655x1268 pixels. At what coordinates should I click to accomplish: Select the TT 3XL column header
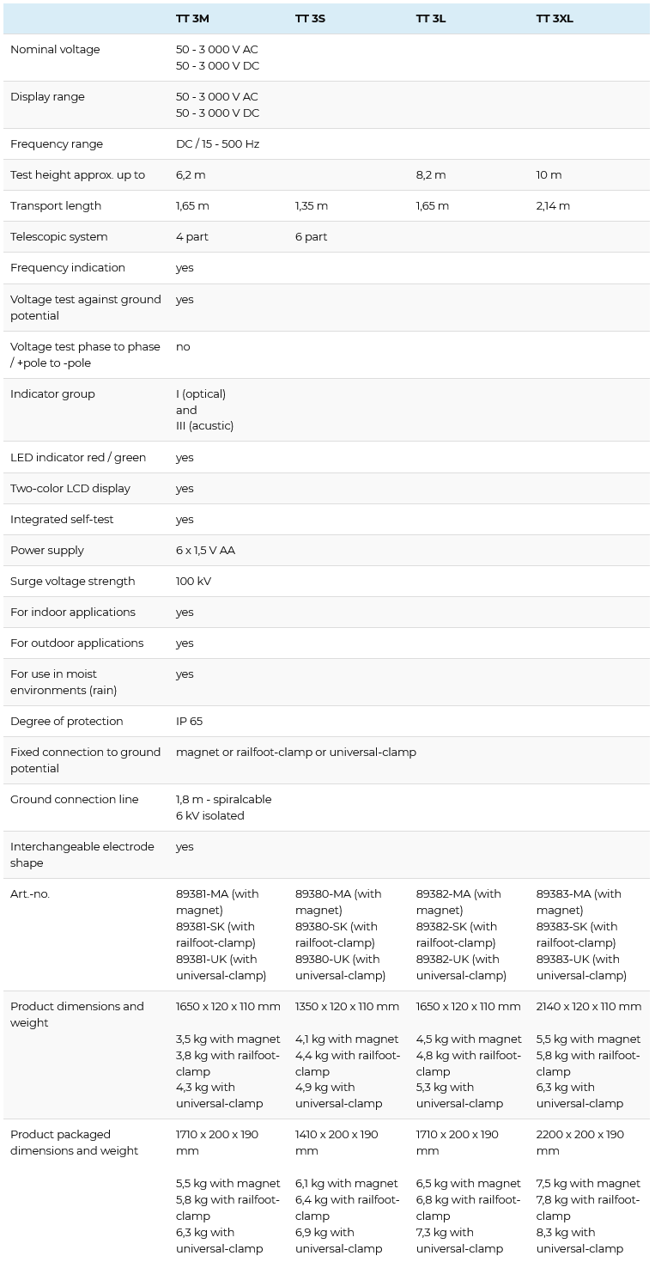click(555, 18)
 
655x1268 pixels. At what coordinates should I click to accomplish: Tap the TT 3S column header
click(310, 18)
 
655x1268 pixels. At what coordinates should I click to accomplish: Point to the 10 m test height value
click(549, 175)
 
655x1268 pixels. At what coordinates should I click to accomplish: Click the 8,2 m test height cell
click(431, 175)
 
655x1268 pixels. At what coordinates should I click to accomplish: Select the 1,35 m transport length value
click(312, 206)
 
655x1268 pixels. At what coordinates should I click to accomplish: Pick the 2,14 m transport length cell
click(553, 206)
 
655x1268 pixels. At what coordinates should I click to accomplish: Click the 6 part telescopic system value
click(311, 237)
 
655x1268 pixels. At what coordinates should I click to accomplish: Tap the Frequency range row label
click(57, 144)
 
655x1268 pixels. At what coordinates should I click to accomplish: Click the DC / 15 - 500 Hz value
click(217, 144)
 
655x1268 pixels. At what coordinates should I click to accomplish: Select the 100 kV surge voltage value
click(193, 582)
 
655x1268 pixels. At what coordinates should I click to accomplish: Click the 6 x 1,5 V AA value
click(205, 551)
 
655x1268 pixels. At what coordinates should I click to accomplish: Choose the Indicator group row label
click(52, 394)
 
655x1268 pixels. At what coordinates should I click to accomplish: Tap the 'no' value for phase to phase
click(183, 347)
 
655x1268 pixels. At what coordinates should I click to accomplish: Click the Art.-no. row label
click(30, 894)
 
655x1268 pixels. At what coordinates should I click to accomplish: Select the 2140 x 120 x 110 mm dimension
click(589, 1007)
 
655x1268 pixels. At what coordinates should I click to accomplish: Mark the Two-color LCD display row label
click(70, 489)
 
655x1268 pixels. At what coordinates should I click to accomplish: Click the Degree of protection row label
click(67, 722)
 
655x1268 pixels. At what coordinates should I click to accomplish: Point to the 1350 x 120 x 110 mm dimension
click(347, 1007)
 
